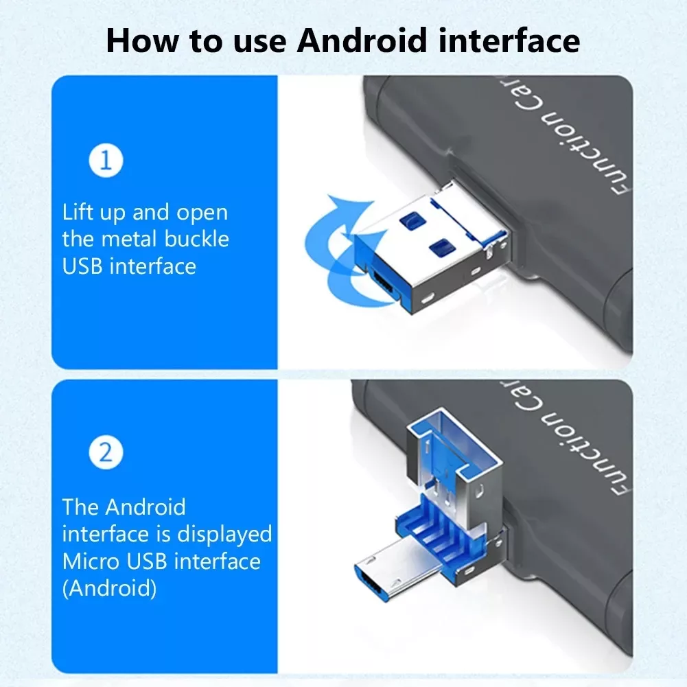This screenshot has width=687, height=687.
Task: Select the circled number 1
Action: [x=106, y=161]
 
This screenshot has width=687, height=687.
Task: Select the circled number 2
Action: [x=106, y=453]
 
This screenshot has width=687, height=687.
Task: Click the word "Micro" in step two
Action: [x=91, y=561]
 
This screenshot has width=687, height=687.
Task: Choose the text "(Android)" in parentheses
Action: [x=109, y=588]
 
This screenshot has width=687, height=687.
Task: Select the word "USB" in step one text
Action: [x=82, y=266]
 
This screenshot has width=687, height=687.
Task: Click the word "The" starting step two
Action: [x=80, y=507]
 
